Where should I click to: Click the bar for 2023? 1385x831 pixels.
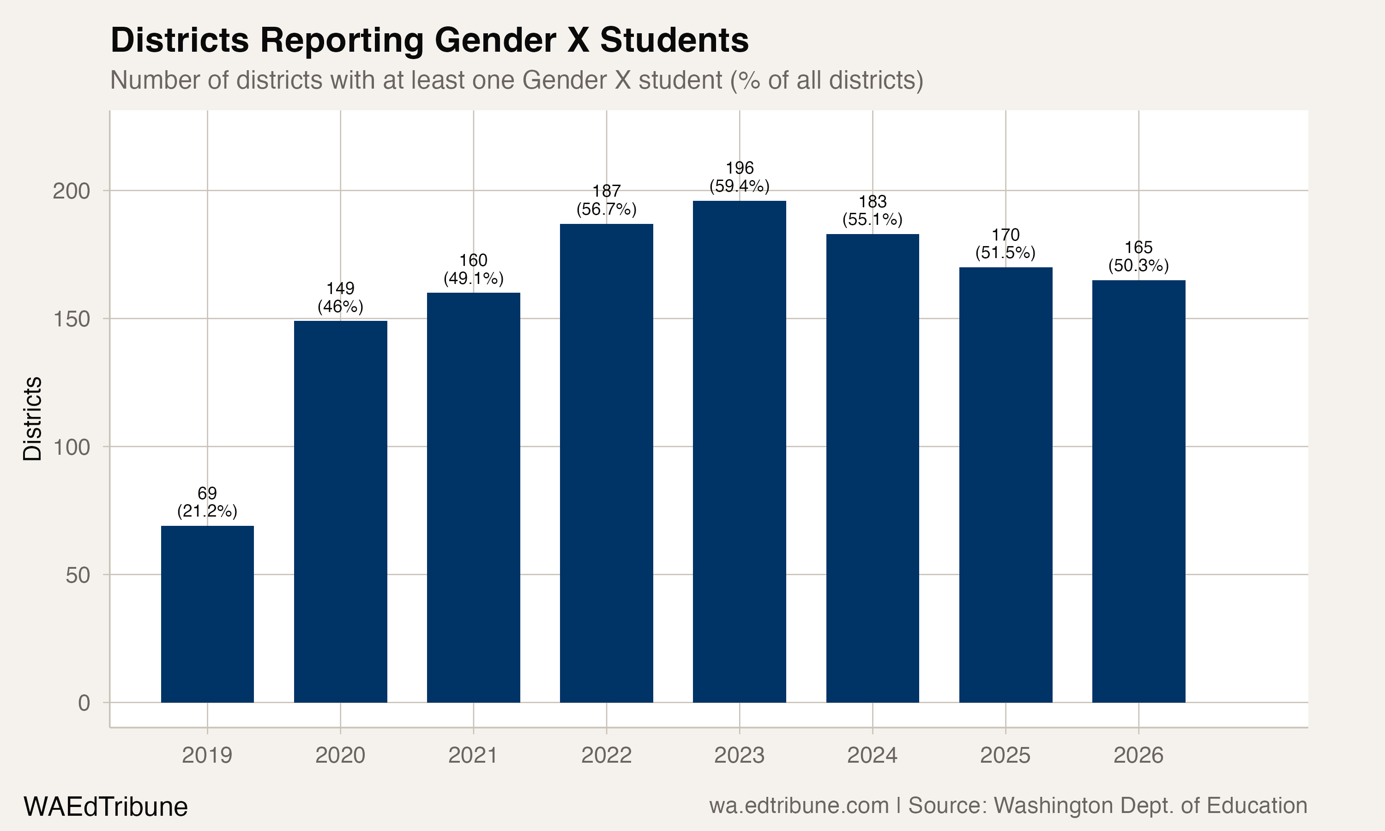pos(739,452)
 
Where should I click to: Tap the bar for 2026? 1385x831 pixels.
pos(1138,491)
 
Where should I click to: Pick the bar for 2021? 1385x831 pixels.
pos(473,497)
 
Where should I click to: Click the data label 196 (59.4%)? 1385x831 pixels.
pos(739,177)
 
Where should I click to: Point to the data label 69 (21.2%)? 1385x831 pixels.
pos(207,502)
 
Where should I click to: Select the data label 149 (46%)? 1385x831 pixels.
pos(340,297)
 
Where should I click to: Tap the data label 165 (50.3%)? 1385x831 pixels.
pos(1138,257)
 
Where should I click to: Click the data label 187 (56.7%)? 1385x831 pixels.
pos(606,200)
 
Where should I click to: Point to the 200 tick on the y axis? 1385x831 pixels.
pos(71,192)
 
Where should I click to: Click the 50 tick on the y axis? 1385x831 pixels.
pos(77,575)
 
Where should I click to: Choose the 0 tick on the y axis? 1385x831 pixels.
pos(84,703)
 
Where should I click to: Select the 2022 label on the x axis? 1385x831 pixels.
pos(606,755)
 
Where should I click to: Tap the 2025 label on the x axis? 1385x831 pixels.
pos(1005,755)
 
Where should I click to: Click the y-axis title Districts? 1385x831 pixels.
pos(32,419)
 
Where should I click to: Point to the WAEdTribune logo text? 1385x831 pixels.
pos(105,807)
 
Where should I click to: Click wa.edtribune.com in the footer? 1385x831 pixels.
pos(799,806)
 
